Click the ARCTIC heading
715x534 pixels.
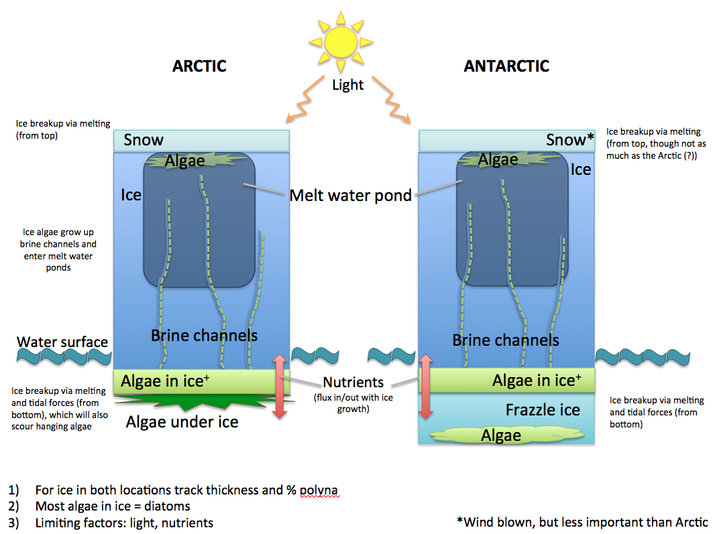click(199, 66)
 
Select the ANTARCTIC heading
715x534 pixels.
click(506, 66)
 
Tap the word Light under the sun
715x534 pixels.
click(347, 85)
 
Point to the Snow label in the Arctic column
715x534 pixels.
click(144, 140)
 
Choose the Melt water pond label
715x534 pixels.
click(351, 196)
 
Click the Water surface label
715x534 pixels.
click(62, 342)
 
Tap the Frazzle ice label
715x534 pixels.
click(543, 410)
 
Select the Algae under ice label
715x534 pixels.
click(182, 422)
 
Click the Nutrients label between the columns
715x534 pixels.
click(353, 383)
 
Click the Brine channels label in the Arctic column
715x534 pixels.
click(204, 335)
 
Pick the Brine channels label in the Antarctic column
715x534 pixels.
click(506, 340)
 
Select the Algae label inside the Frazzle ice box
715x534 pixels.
click(501, 436)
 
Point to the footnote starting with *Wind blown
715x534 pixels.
click(581, 522)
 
